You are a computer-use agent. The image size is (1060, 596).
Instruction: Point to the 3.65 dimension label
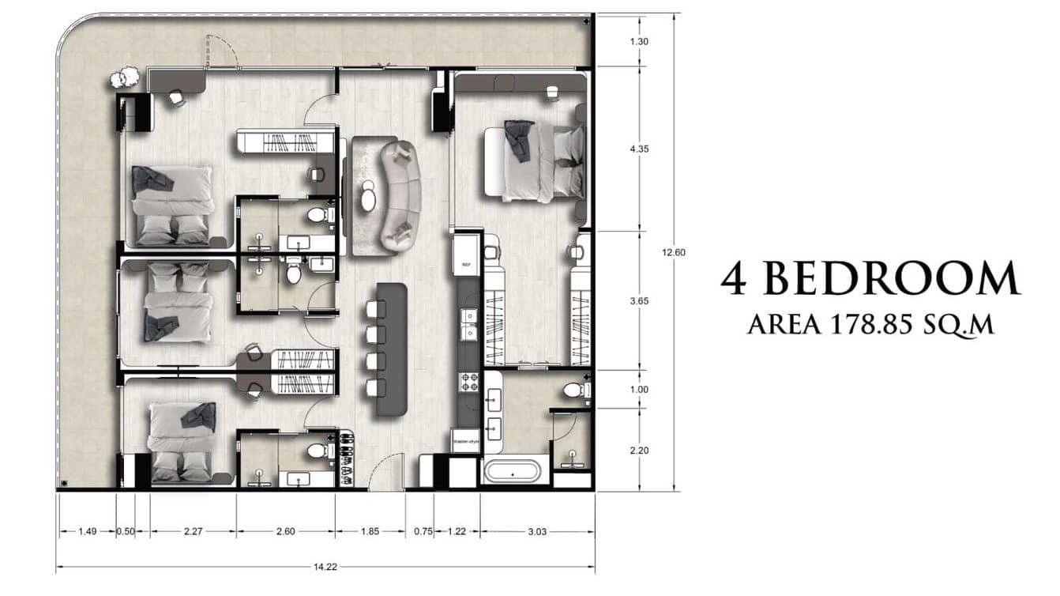point(640,301)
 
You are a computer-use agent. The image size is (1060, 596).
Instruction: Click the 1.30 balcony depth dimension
point(640,42)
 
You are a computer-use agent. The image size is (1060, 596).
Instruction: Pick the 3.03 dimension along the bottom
point(536,531)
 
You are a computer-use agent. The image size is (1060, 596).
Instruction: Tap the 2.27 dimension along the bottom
point(193,531)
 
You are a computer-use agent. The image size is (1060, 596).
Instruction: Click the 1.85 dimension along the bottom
point(370,531)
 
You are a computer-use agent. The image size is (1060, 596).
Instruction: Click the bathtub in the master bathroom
point(512,473)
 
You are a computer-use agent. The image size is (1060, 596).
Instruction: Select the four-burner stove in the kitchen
point(468,383)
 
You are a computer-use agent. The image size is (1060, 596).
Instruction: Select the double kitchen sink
point(469,325)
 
